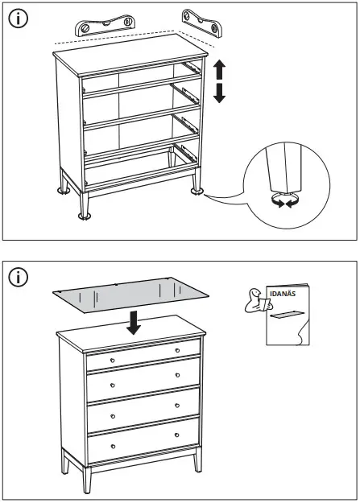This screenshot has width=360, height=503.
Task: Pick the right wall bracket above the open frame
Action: (201, 23)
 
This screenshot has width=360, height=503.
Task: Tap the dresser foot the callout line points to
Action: (195, 191)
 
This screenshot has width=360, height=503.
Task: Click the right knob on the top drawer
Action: (178, 351)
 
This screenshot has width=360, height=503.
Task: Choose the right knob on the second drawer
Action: (178, 374)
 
